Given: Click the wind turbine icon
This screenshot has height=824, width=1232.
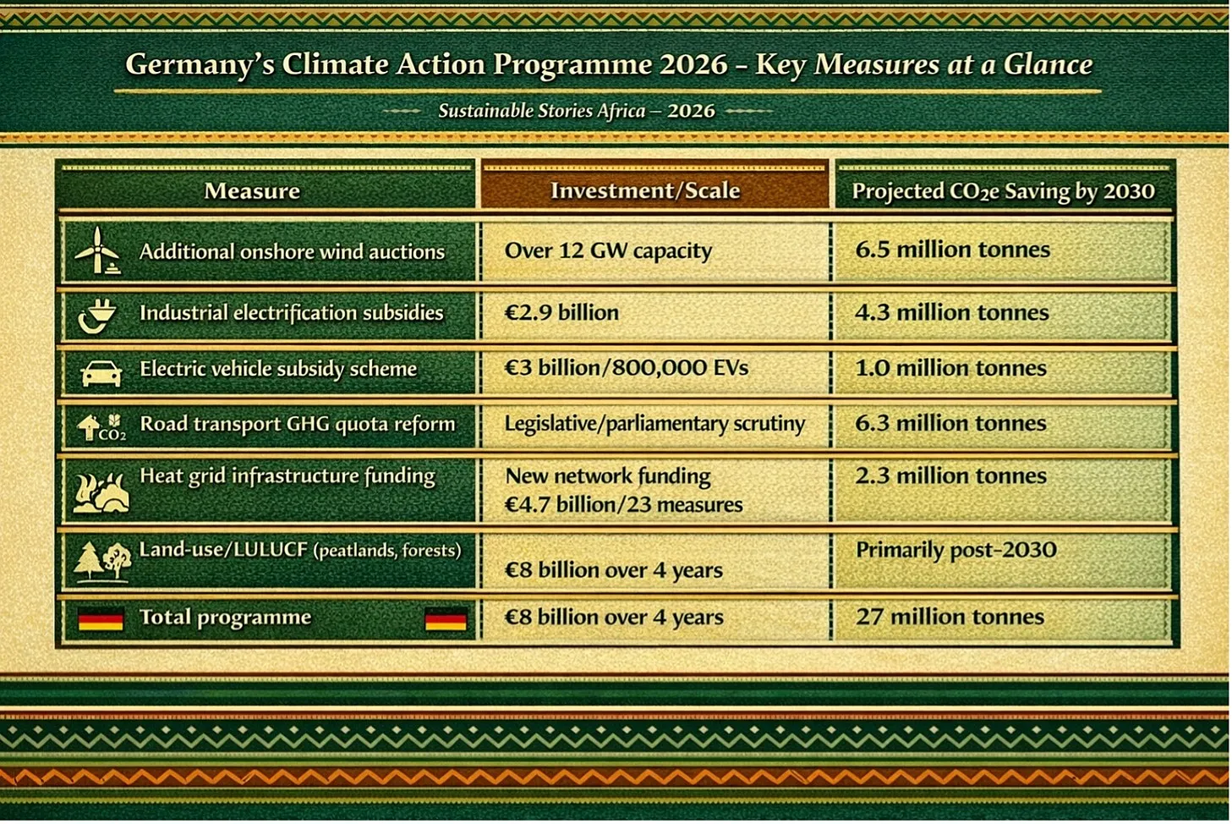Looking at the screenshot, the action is tap(97, 250).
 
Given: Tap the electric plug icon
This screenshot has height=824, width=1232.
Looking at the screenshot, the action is tap(97, 316).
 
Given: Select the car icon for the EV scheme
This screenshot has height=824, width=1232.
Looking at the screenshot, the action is tap(101, 374).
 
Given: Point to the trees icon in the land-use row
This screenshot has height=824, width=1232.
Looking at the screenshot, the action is tap(102, 561).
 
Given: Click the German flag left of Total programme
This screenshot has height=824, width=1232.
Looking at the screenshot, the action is tap(101, 618).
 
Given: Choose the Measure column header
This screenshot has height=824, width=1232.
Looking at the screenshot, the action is tap(252, 191).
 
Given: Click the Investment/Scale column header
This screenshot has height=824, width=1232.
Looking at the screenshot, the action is tap(645, 190).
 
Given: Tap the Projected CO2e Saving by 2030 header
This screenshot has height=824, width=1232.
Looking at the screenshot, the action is tap(1003, 191).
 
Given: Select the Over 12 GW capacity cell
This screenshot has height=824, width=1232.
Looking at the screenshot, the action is tap(608, 251).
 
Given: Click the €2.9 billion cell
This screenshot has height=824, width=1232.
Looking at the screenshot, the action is tap(561, 313).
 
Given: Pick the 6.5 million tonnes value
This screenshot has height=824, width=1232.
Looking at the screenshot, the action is tap(953, 250).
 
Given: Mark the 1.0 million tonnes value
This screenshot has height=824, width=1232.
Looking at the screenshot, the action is tap(951, 368).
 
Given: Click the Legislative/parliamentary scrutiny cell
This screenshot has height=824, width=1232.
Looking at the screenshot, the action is tap(654, 424).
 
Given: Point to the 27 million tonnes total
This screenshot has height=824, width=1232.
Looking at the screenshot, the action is tap(950, 617).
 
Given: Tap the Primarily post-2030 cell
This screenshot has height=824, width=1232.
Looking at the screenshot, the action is tap(956, 550).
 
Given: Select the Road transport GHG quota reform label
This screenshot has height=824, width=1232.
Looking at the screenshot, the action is tap(298, 424).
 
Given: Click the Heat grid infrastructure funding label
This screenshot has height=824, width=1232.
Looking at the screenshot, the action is tap(287, 476).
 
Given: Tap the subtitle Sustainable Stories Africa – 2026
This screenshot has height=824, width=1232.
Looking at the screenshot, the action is tap(577, 111).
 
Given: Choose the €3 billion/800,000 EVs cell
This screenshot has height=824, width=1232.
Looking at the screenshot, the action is tap(627, 368).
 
